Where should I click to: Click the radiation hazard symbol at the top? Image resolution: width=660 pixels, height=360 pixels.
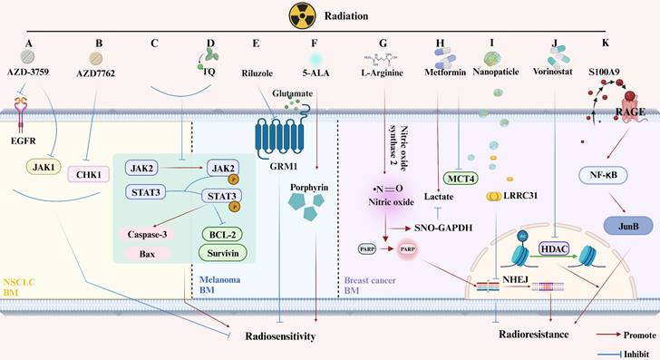pyautogui.click(x=277, y=15)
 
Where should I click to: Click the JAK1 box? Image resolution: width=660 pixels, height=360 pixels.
pyautogui.click(x=34, y=167)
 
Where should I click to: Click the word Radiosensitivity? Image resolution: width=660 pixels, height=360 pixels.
pyautogui.click(x=283, y=336)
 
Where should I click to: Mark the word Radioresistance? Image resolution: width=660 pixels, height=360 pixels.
pyautogui.click(x=524, y=334)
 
